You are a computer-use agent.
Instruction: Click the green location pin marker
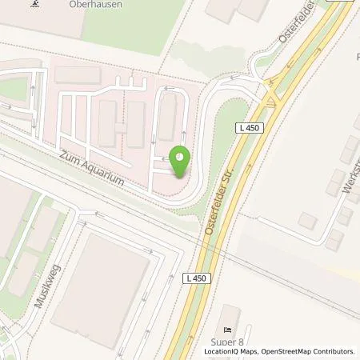pos(179,162)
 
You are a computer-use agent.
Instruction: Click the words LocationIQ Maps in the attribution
pos(228,351)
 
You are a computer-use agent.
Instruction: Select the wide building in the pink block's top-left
pos(78,76)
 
